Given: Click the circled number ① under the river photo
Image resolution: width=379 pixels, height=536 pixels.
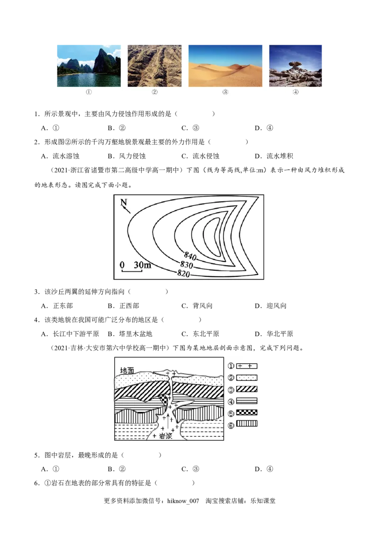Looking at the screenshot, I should coord(89,93).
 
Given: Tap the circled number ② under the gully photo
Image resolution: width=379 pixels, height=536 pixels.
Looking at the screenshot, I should coord(154,93).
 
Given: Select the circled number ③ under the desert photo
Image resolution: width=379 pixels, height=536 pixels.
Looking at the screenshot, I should coord(225,93).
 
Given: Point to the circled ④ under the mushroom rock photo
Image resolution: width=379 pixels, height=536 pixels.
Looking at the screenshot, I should coord(296,93).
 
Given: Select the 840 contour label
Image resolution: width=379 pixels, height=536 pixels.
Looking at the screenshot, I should coord(189,256).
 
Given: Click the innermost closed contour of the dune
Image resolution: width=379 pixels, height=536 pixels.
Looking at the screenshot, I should coord(212,234).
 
